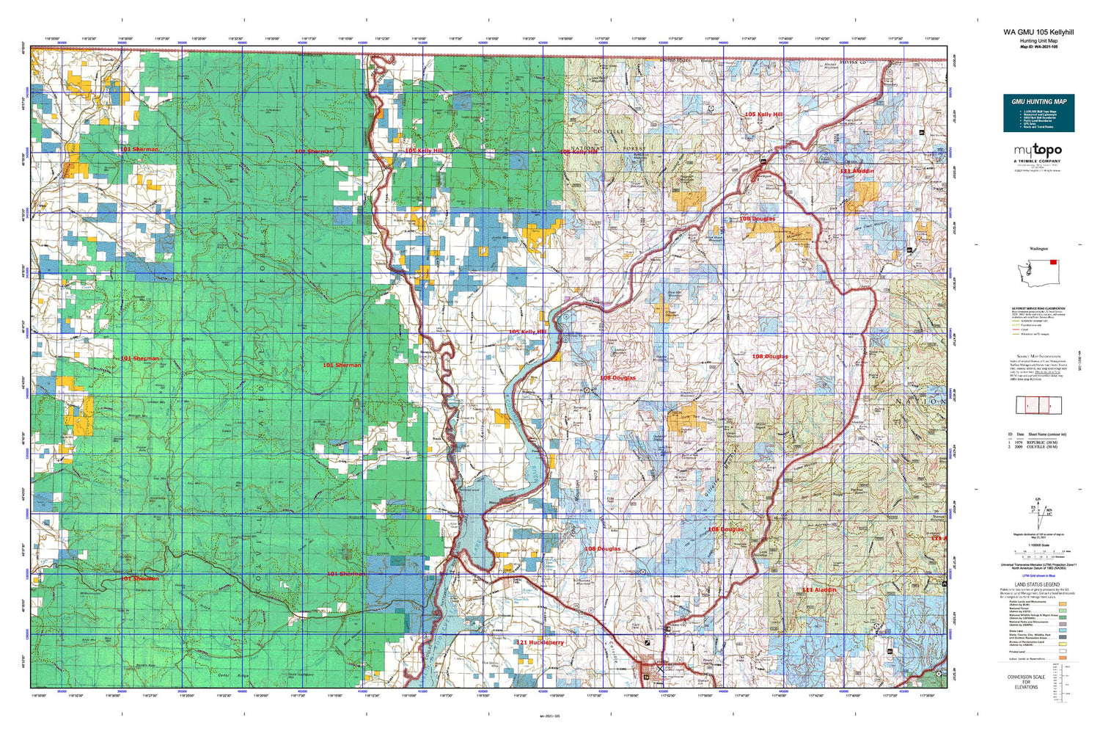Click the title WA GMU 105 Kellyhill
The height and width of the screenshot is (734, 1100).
(1038, 32)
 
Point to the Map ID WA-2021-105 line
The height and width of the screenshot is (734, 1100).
(1038, 48)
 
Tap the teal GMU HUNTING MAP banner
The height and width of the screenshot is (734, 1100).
(1038, 112)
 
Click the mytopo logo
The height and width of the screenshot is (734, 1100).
(1038, 150)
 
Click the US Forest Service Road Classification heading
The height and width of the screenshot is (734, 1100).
(1038, 308)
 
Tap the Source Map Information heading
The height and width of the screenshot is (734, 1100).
(1038, 356)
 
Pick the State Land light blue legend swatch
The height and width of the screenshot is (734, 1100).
(1063, 631)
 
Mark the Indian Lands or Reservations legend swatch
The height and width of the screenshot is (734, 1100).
(1063, 658)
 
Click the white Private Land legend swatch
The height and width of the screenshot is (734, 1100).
(1063, 651)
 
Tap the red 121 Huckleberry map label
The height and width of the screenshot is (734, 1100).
(540, 642)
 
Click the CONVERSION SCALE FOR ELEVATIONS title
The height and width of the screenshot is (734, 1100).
(1026, 681)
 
